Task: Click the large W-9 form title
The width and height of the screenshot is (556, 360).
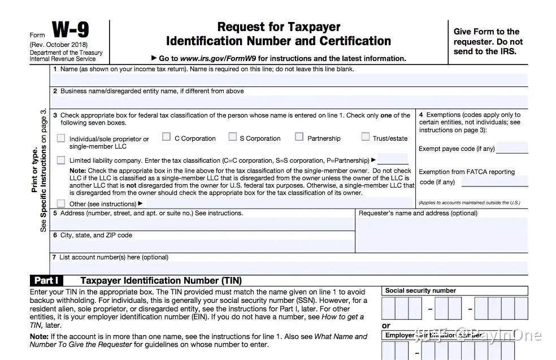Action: click(x=71, y=31)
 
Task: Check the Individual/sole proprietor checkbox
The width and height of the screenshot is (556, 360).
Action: click(x=61, y=138)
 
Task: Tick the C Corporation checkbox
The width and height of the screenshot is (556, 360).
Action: click(x=166, y=137)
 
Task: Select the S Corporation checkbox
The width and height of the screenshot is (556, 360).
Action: click(x=232, y=137)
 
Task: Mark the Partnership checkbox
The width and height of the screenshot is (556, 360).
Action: click(x=299, y=137)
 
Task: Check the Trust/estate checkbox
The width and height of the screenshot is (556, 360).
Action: click(x=366, y=137)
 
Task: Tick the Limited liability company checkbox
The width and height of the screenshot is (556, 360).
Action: click(x=61, y=161)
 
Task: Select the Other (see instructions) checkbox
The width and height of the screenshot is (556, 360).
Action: click(x=61, y=203)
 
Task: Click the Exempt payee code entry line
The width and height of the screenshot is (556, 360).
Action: click(x=511, y=149)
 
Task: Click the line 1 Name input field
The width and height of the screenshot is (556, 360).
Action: click(x=289, y=80)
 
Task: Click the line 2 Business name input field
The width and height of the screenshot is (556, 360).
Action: click(x=289, y=102)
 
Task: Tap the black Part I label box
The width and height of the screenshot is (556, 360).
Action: click(x=47, y=280)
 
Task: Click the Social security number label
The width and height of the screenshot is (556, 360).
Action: click(x=420, y=290)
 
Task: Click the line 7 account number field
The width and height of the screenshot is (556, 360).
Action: click(x=289, y=267)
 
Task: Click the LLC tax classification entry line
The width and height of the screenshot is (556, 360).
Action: click(x=393, y=160)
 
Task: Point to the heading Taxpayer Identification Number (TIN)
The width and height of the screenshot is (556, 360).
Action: click(x=161, y=280)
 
